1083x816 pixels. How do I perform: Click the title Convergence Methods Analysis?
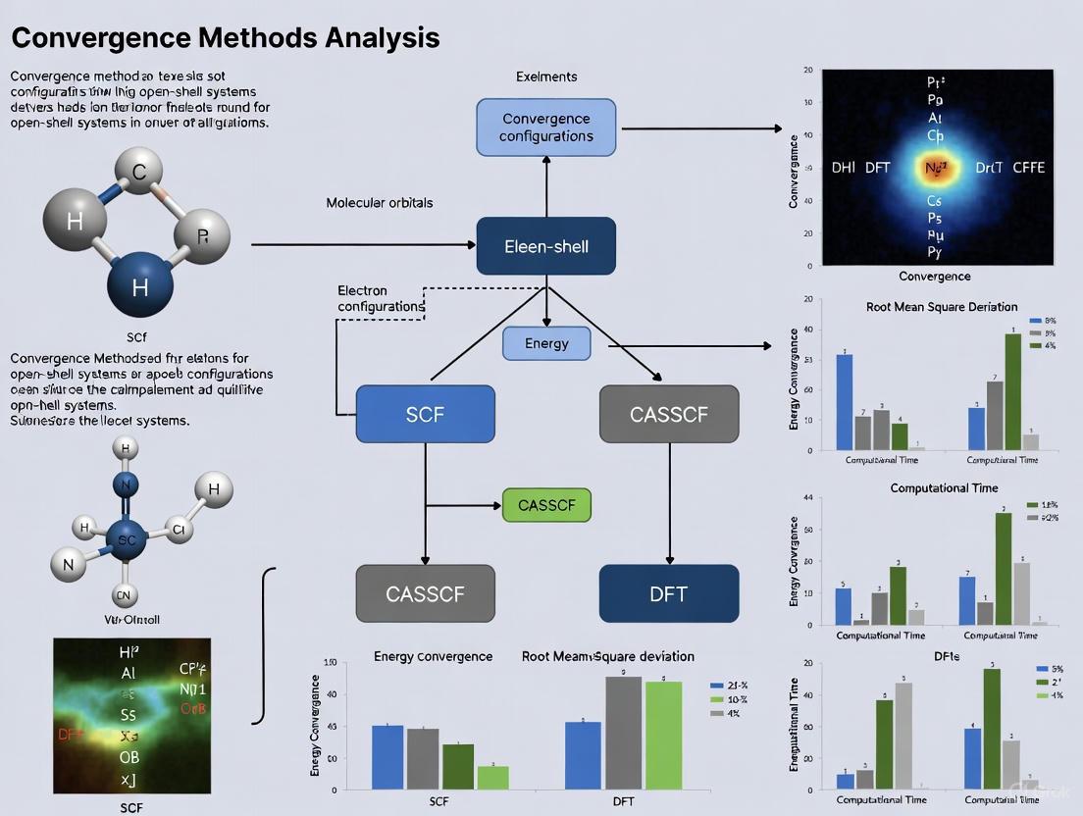226,38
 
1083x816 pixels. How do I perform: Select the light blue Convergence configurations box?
545,127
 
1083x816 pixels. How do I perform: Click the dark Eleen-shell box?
545,246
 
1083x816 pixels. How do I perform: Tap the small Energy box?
546,343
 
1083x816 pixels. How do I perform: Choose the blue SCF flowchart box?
425,414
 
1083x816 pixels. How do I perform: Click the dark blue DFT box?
668,593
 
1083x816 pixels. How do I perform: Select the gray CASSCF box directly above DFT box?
668,414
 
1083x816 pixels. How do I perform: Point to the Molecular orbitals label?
380,203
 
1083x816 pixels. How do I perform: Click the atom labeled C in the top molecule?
140,174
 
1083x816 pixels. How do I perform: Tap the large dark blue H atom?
140,286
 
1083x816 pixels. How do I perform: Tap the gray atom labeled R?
203,235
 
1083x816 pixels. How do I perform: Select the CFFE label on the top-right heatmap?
1028,168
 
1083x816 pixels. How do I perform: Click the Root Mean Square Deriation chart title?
942,307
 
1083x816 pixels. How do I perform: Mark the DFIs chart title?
947,656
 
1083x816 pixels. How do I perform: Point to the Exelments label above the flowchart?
546,76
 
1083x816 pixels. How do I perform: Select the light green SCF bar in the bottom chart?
492,777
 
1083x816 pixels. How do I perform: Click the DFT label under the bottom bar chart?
623,801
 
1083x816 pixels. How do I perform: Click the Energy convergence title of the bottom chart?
433,656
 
